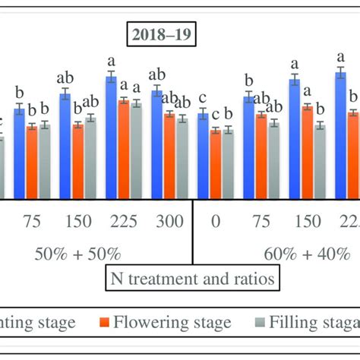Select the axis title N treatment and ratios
191,278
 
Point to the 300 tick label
169,222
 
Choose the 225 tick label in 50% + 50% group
123,222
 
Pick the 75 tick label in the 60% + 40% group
261,222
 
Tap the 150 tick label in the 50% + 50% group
78,222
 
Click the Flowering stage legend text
172,323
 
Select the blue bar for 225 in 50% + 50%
111,137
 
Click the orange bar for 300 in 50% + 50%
169,156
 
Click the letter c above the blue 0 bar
202,97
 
